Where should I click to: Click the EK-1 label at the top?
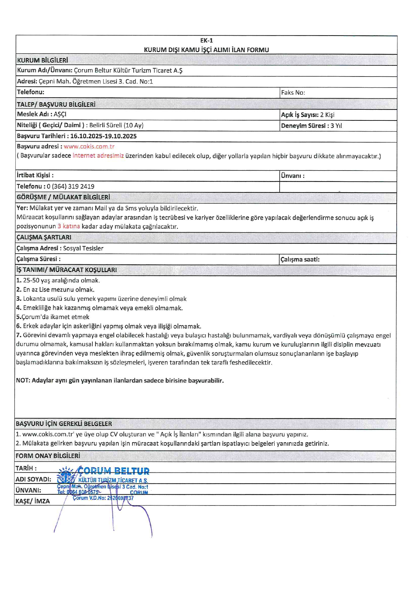206,41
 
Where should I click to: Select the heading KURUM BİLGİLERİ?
42,60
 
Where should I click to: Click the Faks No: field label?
293,92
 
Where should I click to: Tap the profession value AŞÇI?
60,114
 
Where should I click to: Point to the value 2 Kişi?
327,115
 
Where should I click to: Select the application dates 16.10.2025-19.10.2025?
103,136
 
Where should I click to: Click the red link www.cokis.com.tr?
89,146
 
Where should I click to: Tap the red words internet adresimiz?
98,156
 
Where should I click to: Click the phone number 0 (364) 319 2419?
71,186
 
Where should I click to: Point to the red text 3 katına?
69,226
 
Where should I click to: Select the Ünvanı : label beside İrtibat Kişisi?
293,176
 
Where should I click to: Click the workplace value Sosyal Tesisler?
83,248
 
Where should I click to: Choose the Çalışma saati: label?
300,259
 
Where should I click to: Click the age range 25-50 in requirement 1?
30,280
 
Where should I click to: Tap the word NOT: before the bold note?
23,380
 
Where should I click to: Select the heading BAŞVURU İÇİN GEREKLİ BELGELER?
64,424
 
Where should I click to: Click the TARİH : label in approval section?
26,468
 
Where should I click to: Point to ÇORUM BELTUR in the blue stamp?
113,471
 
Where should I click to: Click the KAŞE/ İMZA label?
32,501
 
